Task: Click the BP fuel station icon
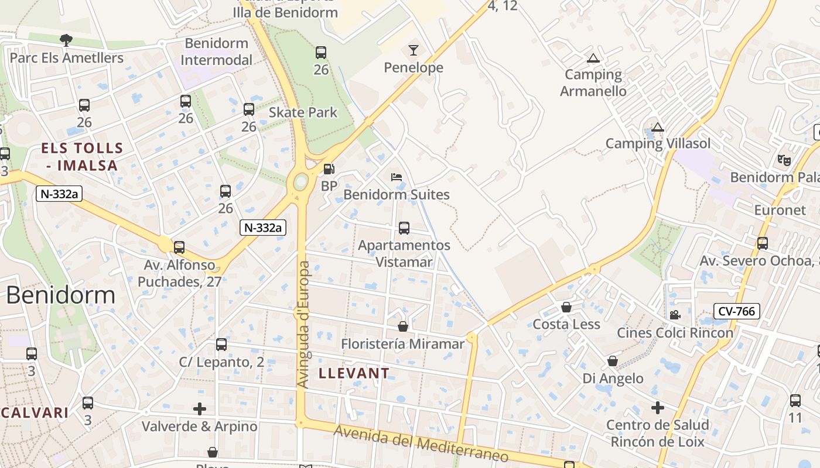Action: tap(329, 170)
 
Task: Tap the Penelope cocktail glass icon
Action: tap(414, 50)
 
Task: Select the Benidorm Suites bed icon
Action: tap(397, 177)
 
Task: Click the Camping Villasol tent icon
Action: tap(658, 127)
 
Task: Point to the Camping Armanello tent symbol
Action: tap(593, 58)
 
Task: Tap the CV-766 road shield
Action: tap(736, 311)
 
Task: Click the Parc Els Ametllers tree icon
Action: tap(66, 40)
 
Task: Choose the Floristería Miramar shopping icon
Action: tap(403, 326)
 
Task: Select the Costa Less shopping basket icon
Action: tap(566, 307)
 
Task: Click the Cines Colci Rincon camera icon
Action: tap(675, 315)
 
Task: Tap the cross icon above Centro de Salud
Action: tap(658, 407)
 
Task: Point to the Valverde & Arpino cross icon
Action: tap(200, 408)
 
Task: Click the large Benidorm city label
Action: tap(61, 295)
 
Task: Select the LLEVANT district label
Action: tap(354, 373)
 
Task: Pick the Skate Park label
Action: tap(303, 112)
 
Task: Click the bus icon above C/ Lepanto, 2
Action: tap(221, 345)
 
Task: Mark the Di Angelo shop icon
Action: tap(612, 361)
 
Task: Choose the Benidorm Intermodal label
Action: tap(217, 51)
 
